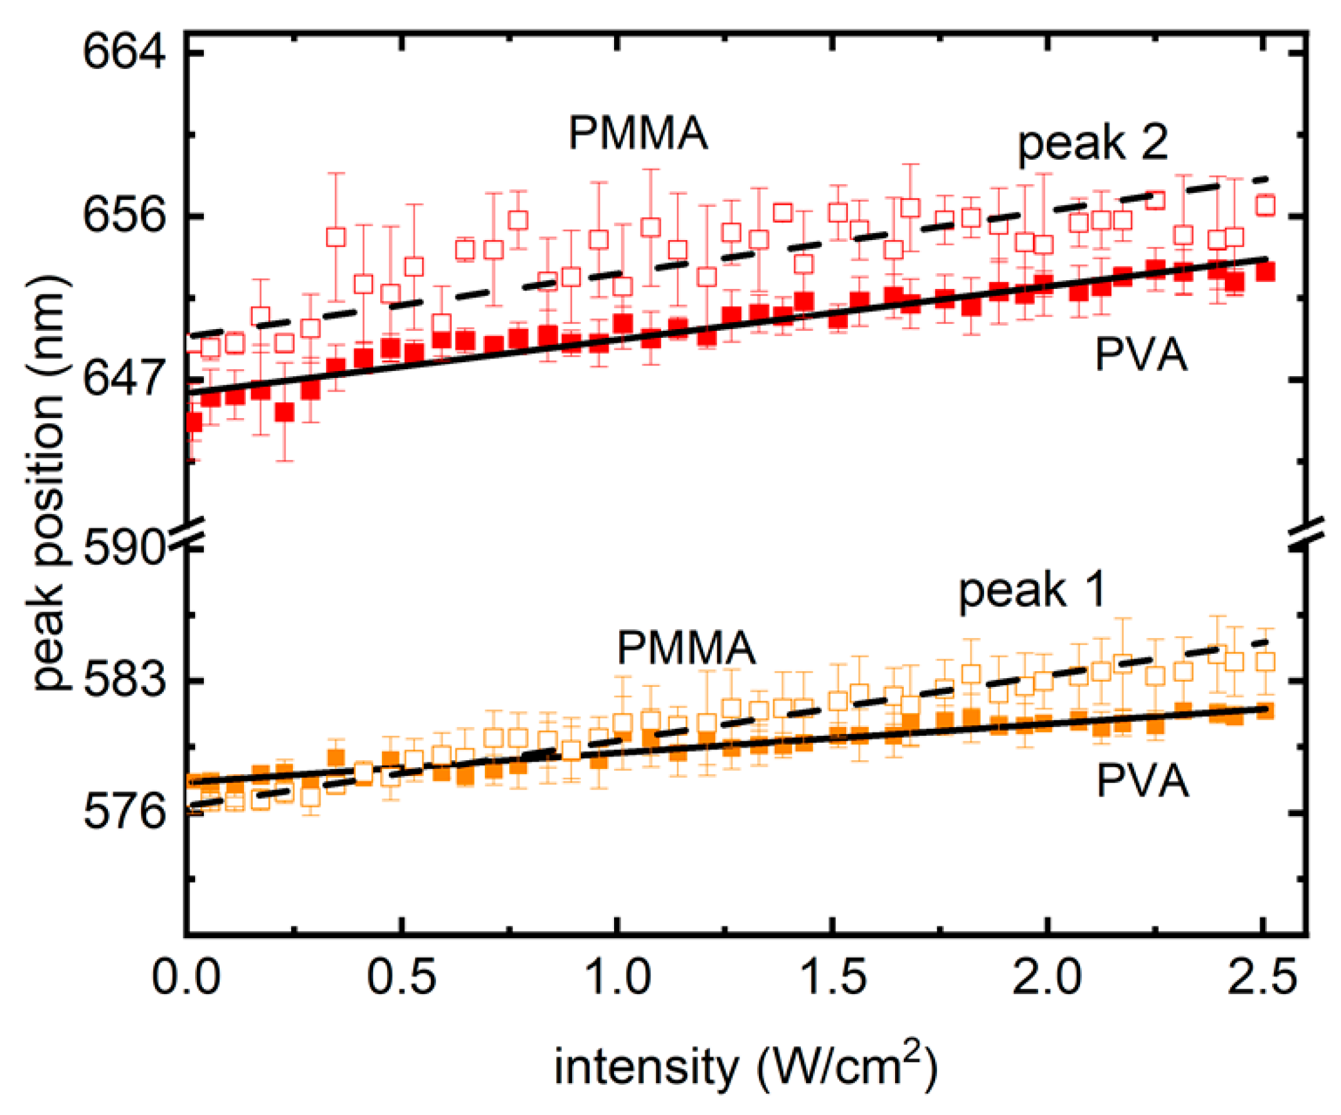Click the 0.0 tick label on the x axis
coord(186,977)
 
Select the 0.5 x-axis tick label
coord(401,977)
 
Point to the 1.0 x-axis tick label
coord(617,977)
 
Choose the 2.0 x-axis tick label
coord(1047,977)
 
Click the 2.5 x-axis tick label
coord(1263,977)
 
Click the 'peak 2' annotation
coord(1093,144)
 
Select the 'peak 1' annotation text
coord(1032,592)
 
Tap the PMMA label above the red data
coord(638,133)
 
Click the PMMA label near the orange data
coord(686,648)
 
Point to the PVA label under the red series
coord(1141,355)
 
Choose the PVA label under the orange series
coord(1143,781)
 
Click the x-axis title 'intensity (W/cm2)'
coord(745,1067)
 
